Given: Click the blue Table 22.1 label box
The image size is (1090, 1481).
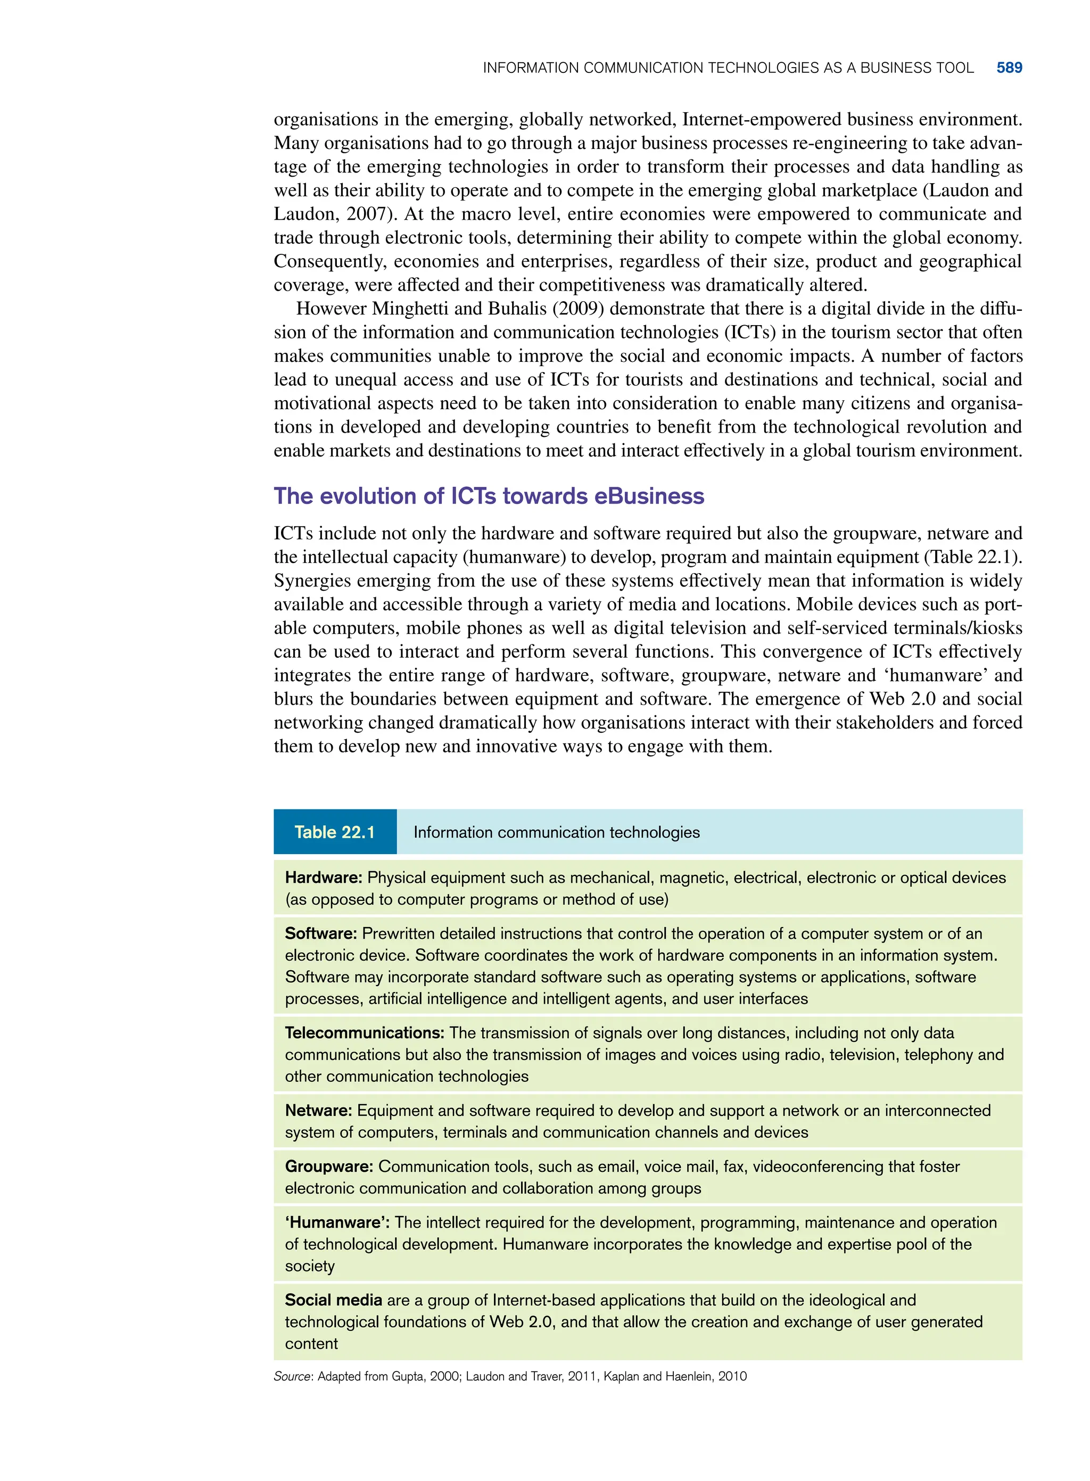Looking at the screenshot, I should point(335,832).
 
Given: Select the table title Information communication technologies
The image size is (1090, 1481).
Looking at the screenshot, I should point(556,832).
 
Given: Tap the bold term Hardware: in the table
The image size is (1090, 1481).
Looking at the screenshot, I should point(323,878).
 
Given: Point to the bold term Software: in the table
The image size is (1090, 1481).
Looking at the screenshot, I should point(320,933).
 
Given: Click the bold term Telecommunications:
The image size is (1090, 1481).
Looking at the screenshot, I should point(364,1033).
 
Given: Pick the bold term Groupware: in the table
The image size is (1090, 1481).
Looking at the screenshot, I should point(328,1166).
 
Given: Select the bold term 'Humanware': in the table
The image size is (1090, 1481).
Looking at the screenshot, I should point(337,1222).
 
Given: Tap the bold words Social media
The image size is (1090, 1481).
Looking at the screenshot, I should point(333,1300).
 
